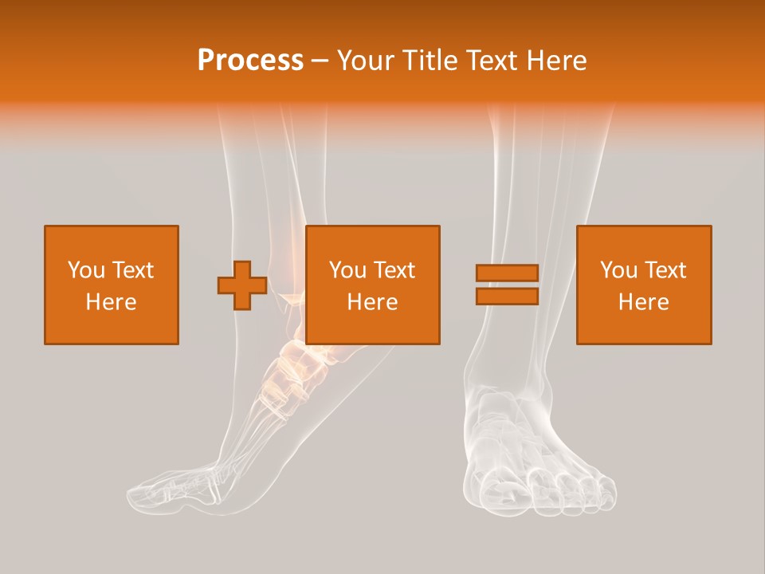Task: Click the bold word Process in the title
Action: point(250,61)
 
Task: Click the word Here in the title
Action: point(555,61)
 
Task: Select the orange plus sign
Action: point(242,285)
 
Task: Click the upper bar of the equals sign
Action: point(507,273)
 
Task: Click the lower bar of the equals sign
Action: point(507,297)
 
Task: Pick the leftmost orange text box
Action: point(112,285)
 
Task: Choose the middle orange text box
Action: point(373,285)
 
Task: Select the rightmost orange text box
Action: point(644,285)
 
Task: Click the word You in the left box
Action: point(85,270)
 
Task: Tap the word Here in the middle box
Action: point(373,302)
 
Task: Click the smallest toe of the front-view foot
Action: point(607,489)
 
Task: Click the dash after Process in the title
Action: point(320,61)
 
